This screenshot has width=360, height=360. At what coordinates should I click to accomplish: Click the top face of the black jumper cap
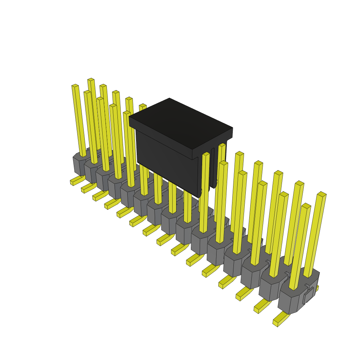[180, 123]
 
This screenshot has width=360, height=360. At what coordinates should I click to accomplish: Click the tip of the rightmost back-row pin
[322, 194]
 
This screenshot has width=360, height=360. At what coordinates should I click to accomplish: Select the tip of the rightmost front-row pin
[306, 206]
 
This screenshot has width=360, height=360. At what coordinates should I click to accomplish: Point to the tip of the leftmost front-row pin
[75, 86]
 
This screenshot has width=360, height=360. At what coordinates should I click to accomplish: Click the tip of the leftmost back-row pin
[91, 80]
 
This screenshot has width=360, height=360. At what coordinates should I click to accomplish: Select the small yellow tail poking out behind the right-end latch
[317, 288]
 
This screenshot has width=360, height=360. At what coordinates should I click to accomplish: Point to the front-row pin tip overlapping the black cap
[206, 154]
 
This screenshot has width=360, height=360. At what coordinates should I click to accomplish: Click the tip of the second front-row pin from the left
[87, 92]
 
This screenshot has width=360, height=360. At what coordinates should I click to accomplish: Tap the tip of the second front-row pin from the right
[284, 194]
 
